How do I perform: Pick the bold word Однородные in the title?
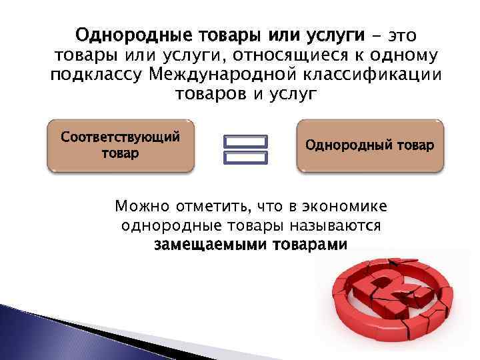pos(133,34)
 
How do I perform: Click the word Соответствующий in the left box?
pos(121,137)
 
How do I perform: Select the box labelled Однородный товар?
pos(369,146)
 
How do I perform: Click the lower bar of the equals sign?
pos(245,158)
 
